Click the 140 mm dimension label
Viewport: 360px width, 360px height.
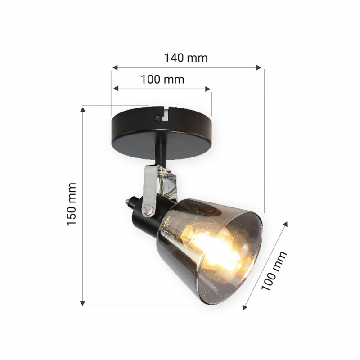pyautogui.click(x=186, y=58)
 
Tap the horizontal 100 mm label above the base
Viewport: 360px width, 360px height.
pyautogui.click(x=162, y=80)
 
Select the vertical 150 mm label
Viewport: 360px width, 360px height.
pyautogui.click(x=72, y=204)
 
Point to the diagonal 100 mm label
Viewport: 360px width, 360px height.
pyautogui.click(x=274, y=271)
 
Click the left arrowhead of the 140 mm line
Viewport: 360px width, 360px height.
pyautogui.click(x=115, y=67)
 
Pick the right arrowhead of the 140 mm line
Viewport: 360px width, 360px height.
pyautogui.click(x=259, y=67)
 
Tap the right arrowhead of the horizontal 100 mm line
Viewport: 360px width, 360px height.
pyautogui.click(x=207, y=89)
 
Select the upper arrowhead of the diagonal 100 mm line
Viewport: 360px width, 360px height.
pyautogui.click(x=285, y=224)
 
